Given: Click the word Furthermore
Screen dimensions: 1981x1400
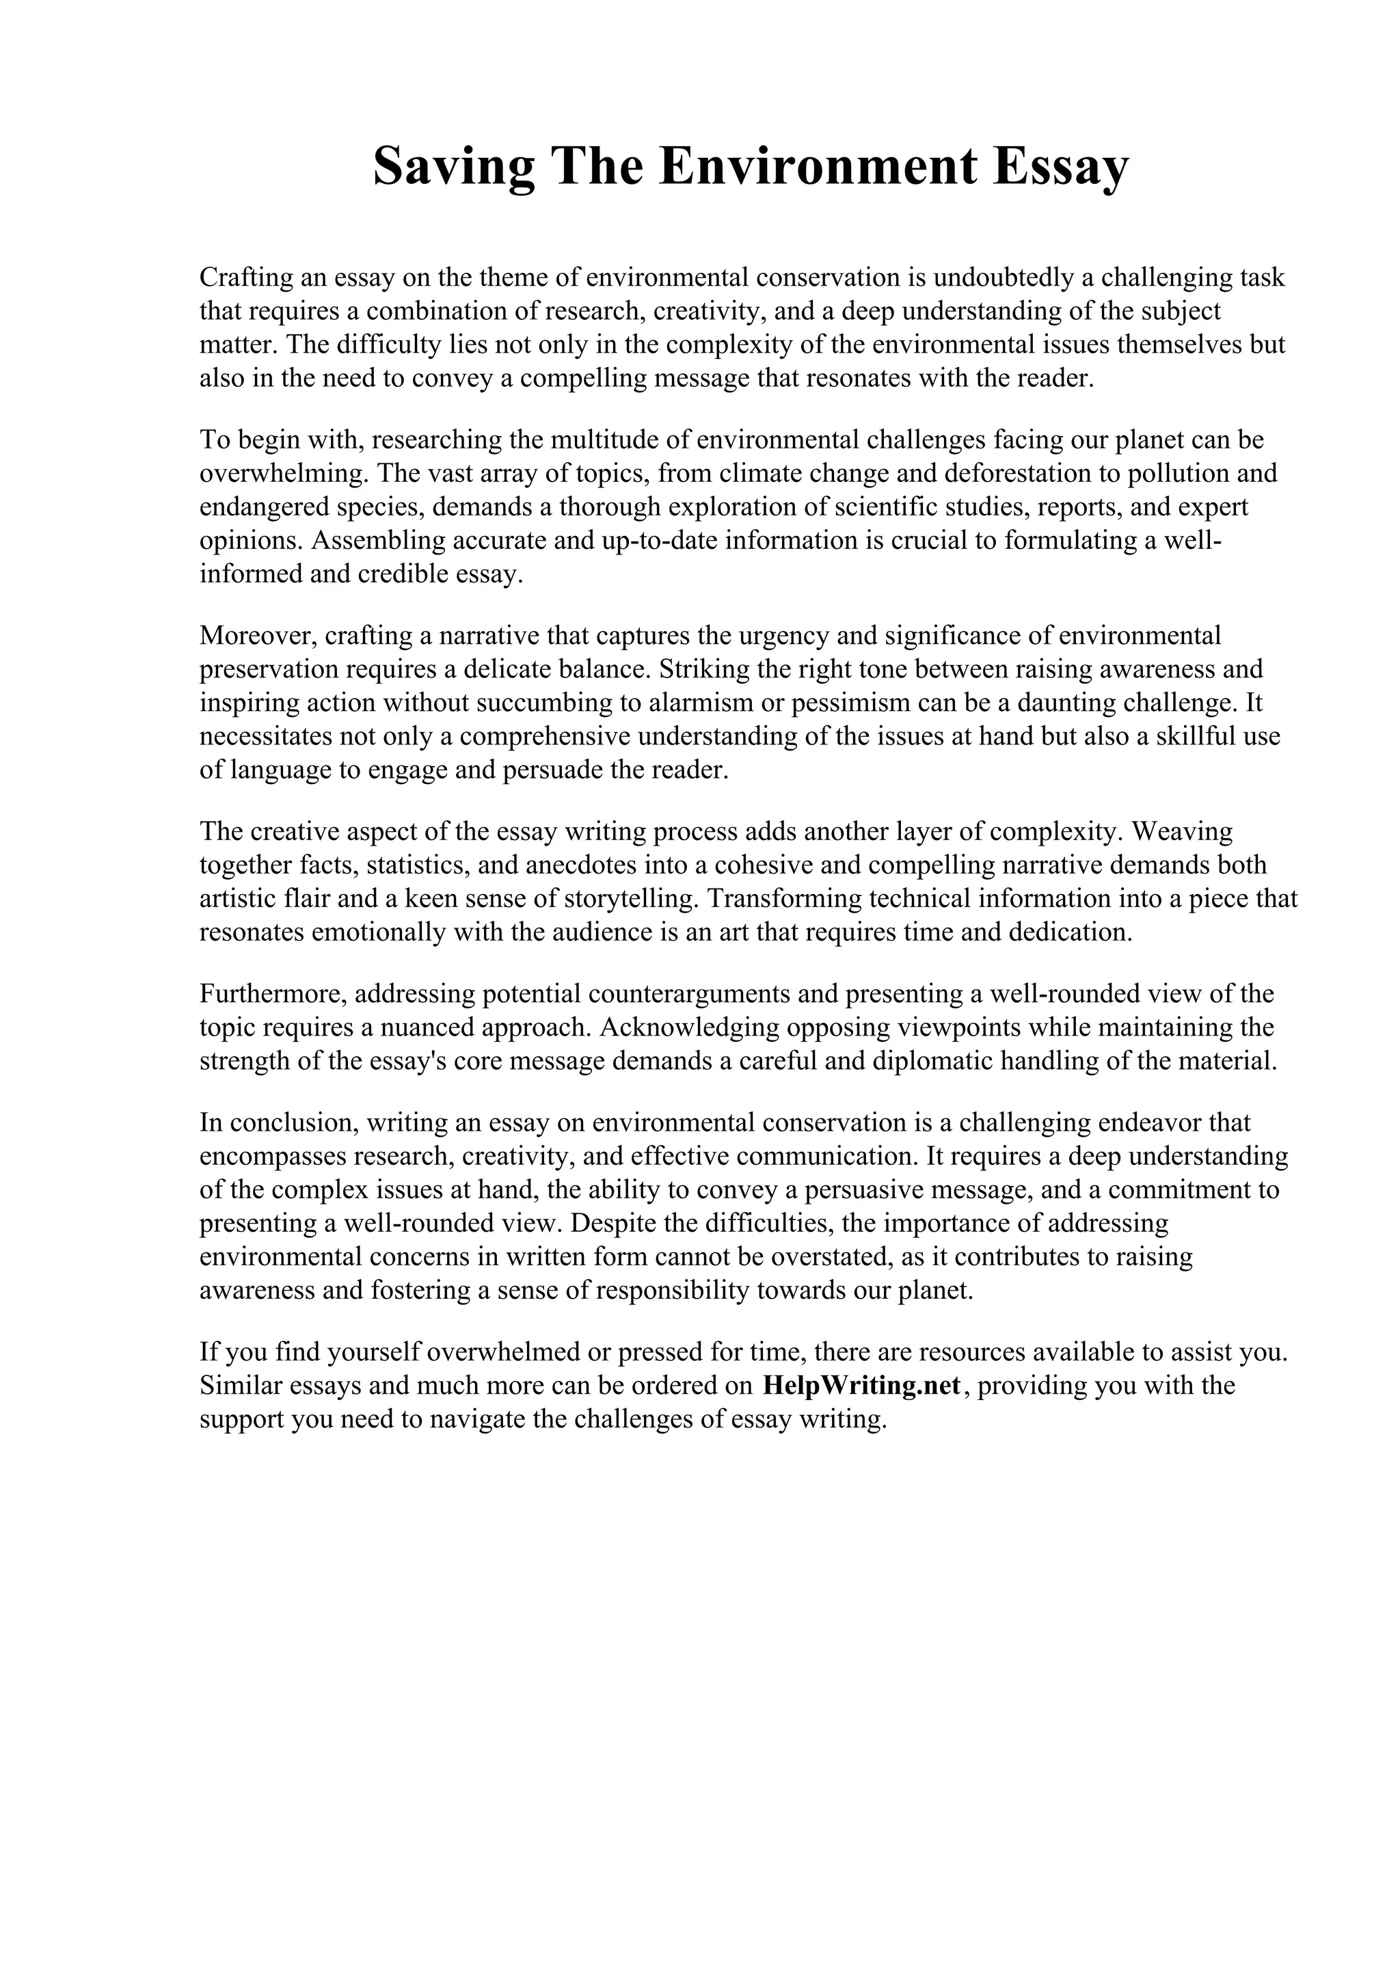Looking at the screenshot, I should (273, 994).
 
